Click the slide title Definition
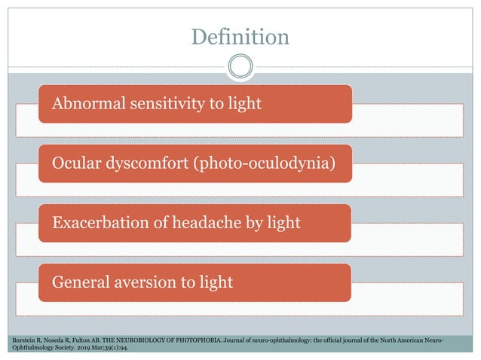(240, 36)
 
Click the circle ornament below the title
(240, 66)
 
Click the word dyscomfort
(146, 163)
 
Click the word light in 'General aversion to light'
(216, 282)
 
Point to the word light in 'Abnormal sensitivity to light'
(245, 103)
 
